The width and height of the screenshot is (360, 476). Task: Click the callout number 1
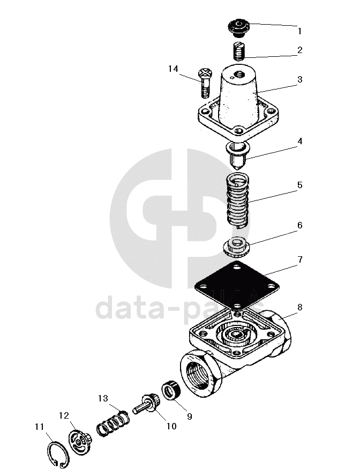tap(300, 31)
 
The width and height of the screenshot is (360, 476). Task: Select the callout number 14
tap(172, 69)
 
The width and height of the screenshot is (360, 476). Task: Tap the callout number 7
tap(300, 260)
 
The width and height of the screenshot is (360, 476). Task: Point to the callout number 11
tap(39, 427)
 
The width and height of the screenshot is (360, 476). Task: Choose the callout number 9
tap(189, 415)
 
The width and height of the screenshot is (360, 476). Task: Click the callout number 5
tap(300, 185)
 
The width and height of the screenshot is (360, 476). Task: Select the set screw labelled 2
tap(239, 51)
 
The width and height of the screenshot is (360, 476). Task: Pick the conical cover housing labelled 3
tap(237, 94)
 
